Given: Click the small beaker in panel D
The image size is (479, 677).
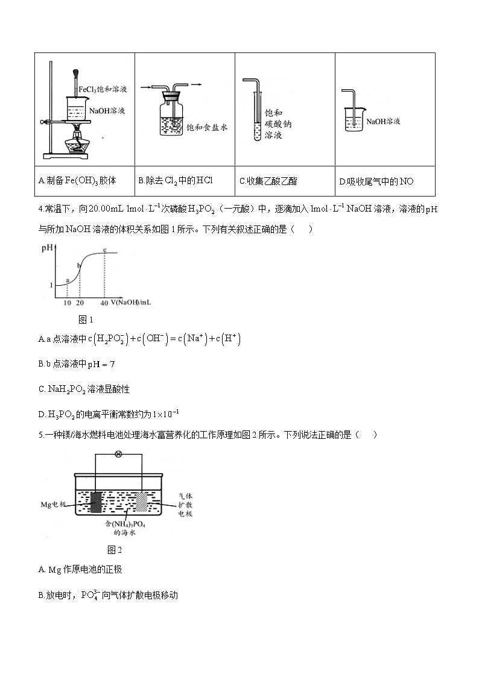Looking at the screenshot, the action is pyautogui.click(x=353, y=120).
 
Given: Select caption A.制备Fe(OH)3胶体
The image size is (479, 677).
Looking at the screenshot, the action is pyautogui.click(x=77, y=180).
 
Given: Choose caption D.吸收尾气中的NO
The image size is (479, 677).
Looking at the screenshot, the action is pyautogui.click(x=376, y=181).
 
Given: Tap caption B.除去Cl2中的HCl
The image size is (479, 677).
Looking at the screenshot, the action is pyautogui.click(x=176, y=180).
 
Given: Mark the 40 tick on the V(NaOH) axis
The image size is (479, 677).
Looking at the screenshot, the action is pyautogui.click(x=104, y=302).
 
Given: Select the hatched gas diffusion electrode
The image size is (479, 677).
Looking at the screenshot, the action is pyautogui.click(x=141, y=502).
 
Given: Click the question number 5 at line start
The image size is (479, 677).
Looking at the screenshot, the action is pyautogui.click(x=40, y=435).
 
